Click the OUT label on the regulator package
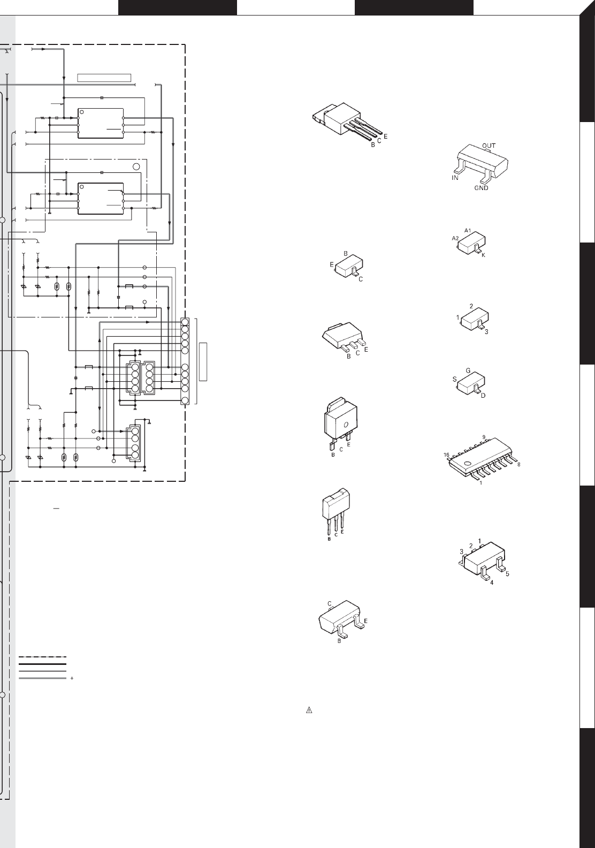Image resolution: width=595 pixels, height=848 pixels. pyautogui.click(x=489, y=146)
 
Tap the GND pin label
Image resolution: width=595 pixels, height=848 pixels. pyautogui.click(x=481, y=188)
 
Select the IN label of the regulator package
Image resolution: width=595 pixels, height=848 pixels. pyautogui.click(x=454, y=178)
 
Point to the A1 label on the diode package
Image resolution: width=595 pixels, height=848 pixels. pyautogui.click(x=467, y=230)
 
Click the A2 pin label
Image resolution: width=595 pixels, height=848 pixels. pyautogui.click(x=455, y=238)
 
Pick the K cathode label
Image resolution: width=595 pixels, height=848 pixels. pyautogui.click(x=483, y=255)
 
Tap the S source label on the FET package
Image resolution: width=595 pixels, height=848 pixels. pyautogui.click(x=454, y=379)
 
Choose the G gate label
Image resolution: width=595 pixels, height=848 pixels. pyautogui.click(x=468, y=370)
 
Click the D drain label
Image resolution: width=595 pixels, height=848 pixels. pyautogui.click(x=483, y=396)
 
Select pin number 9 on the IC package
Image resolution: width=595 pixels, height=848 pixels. pyautogui.click(x=483, y=437)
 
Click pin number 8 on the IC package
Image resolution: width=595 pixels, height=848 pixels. pyautogui.click(x=518, y=465)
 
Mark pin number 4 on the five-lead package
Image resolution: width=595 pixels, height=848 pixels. pyautogui.click(x=491, y=583)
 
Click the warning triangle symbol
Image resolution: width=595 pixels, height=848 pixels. pyautogui.click(x=309, y=711)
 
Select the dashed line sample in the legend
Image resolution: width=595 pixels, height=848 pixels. pyautogui.click(x=42, y=657)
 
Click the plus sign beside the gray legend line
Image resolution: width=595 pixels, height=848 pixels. pyautogui.click(x=72, y=678)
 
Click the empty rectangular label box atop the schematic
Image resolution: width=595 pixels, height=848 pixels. pyautogui.click(x=104, y=77)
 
